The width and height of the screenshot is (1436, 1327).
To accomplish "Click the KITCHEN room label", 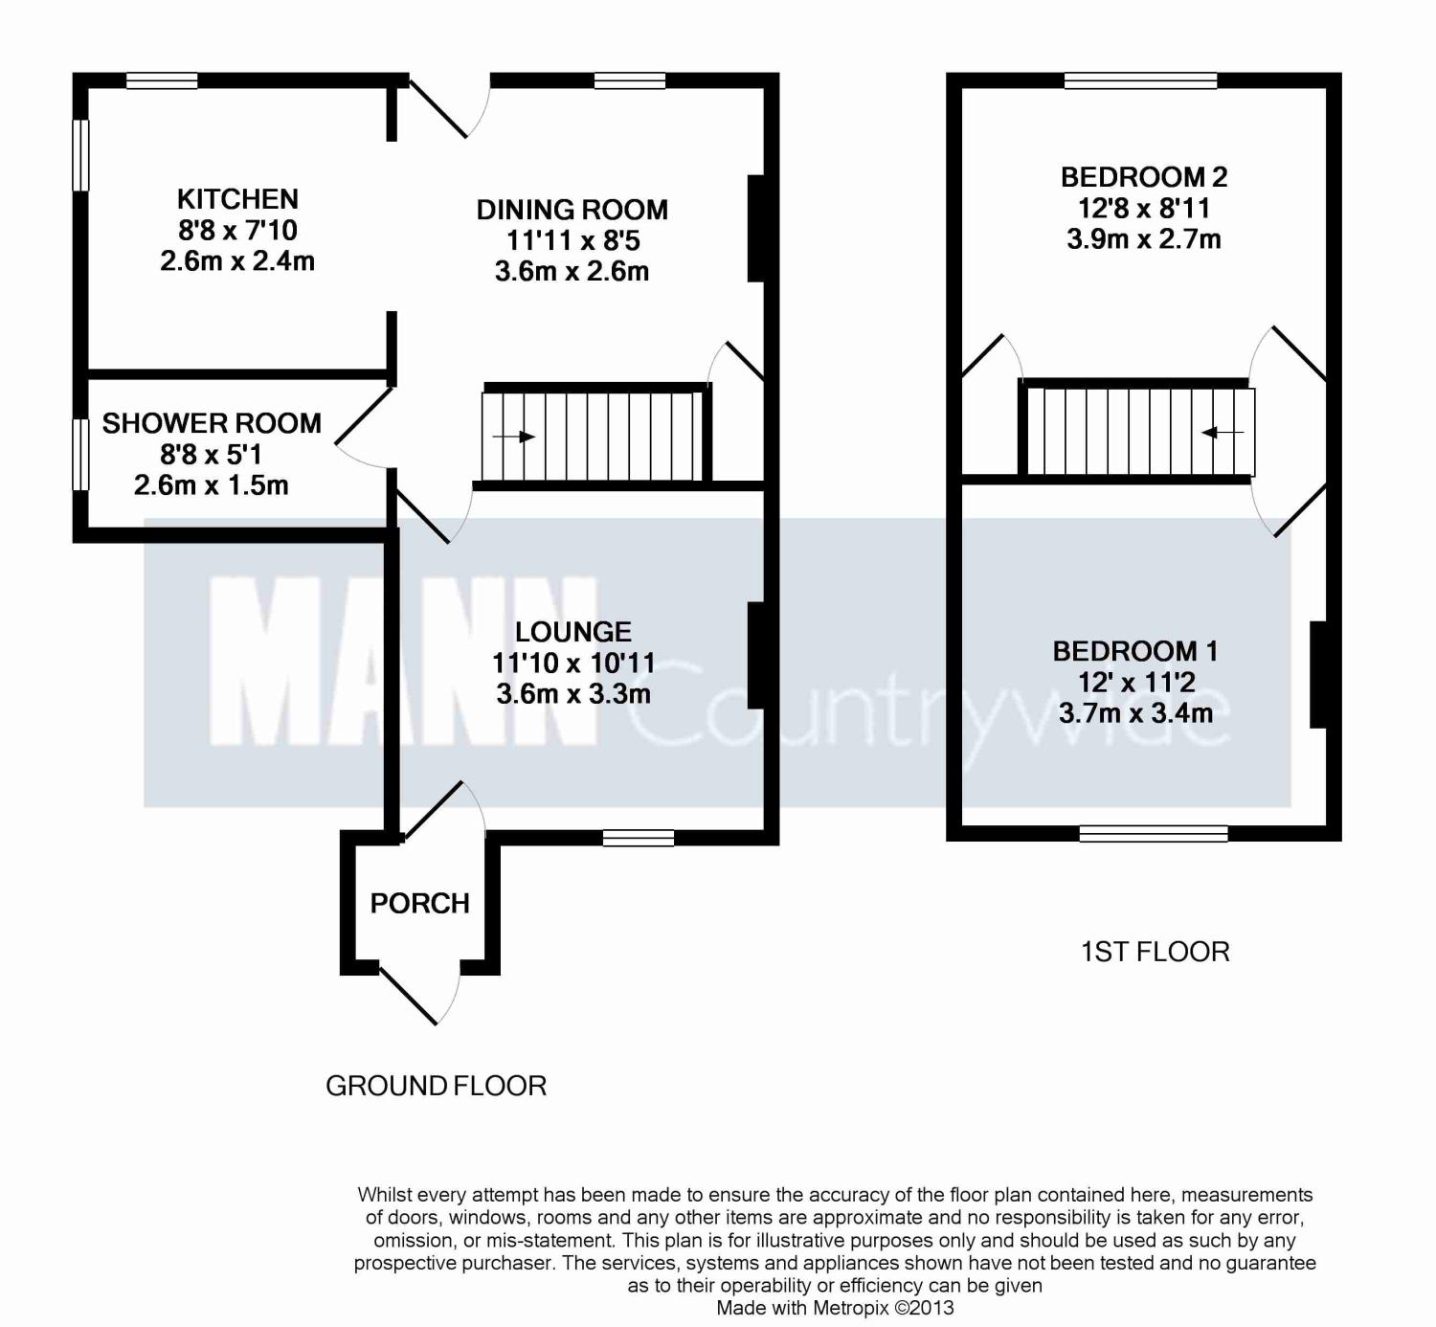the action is coord(237,199).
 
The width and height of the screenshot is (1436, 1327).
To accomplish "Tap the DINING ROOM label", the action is coord(572,210).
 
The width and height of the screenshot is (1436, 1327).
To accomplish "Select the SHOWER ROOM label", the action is coord(212,423).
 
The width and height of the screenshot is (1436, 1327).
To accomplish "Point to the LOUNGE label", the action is coord(573,632).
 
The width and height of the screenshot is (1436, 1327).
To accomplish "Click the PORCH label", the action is coord(419,903).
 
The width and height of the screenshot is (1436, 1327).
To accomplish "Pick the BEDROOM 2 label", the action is coord(1144,176).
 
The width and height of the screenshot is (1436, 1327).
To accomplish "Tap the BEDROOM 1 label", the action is coord(1135,651).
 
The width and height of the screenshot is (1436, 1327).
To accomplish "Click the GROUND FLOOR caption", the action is coord(436,1086).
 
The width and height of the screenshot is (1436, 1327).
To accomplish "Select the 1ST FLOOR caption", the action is coord(1155,952).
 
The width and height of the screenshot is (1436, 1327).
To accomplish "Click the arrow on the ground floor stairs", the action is coord(513,437).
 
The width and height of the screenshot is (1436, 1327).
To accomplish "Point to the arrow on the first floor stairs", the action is coord(1222,433).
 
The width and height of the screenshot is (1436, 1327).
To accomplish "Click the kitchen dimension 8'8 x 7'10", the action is coord(237,230).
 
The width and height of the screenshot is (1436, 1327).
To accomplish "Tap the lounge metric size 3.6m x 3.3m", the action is coord(573,694).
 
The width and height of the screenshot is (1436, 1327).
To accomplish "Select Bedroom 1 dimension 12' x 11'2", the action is coord(1136,682).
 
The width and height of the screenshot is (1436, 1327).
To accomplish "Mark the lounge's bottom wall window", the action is coord(639,838).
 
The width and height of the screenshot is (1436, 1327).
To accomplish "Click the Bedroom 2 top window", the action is coord(1140,79).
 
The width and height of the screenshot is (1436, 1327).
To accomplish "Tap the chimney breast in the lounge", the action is coord(755,655).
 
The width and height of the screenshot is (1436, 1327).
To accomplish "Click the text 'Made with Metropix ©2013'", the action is coord(835,1308).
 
